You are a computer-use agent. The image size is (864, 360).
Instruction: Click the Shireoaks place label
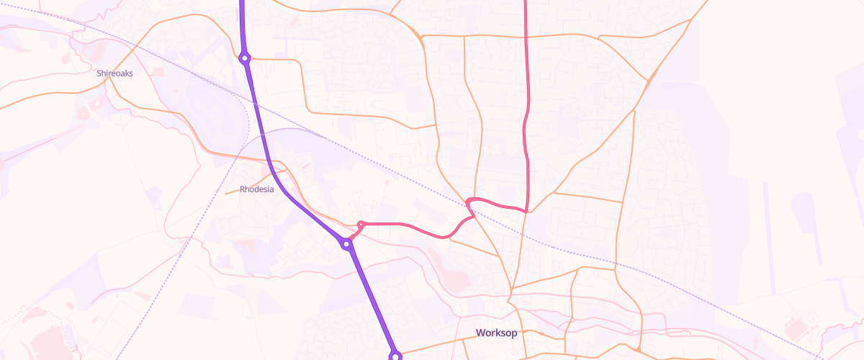point(115,73)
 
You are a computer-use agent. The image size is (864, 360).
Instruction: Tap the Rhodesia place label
point(256,190)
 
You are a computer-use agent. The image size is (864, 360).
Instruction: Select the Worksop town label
point(497,333)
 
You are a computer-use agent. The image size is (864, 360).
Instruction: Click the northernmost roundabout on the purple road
point(245,58)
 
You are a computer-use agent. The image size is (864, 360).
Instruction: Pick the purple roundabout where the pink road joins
point(347,244)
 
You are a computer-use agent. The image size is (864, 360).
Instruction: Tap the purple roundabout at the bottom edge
point(395,355)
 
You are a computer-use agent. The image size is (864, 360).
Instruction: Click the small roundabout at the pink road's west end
point(361,225)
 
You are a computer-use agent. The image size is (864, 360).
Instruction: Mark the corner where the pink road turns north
point(528,211)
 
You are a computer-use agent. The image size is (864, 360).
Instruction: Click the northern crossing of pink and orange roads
point(526,35)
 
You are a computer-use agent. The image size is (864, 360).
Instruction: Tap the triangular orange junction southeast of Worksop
point(637,349)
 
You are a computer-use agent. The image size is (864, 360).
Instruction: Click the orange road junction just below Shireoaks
point(109,81)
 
